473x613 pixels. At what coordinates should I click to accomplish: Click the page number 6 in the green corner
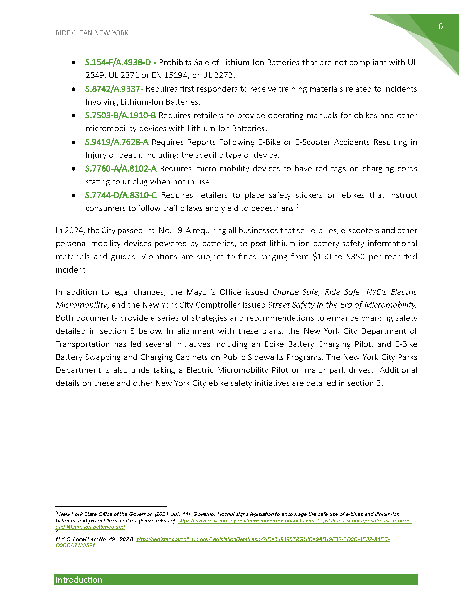[440, 26]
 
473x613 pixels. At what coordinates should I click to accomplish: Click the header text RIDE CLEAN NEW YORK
[92, 33]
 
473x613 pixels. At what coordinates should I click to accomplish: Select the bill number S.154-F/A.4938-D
[118, 62]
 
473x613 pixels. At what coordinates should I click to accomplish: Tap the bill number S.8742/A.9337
[113, 89]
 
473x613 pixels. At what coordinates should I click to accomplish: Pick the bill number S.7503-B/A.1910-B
[120, 115]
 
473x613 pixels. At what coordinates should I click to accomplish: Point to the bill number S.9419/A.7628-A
[117, 142]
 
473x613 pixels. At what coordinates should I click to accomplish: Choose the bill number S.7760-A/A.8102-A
[121, 168]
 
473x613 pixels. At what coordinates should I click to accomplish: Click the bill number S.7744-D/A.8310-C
[121, 195]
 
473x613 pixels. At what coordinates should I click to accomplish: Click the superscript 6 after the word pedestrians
[298, 206]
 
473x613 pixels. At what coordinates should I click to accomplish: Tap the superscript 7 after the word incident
[90, 267]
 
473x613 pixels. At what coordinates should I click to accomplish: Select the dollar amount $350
[355, 257]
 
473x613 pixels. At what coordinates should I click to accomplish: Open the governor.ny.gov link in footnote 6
[295, 521]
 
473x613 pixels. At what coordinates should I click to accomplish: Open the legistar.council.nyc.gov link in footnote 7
[263, 539]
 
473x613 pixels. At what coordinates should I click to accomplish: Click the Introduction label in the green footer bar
[79, 580]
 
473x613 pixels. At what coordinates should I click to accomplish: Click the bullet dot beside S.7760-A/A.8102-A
[73, 169]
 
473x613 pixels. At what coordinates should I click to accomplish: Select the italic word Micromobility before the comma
[81, 305]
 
